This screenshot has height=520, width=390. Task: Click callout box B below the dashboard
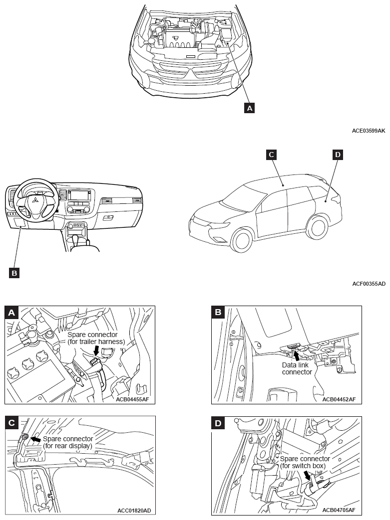pos(14,273)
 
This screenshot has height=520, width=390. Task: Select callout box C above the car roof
pos(271,155)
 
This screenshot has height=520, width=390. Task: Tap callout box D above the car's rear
pos(338,155)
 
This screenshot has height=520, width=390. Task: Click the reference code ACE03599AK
pos(369,131)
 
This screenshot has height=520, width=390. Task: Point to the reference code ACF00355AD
pos(369,284)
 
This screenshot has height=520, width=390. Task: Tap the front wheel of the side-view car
pos(242,240)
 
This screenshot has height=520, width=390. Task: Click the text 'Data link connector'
pos(297,368)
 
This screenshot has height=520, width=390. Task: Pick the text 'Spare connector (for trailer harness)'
pos(96,338)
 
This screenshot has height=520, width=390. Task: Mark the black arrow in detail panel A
pos(96,350)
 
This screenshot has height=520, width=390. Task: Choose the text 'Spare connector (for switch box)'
pos(305,462)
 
